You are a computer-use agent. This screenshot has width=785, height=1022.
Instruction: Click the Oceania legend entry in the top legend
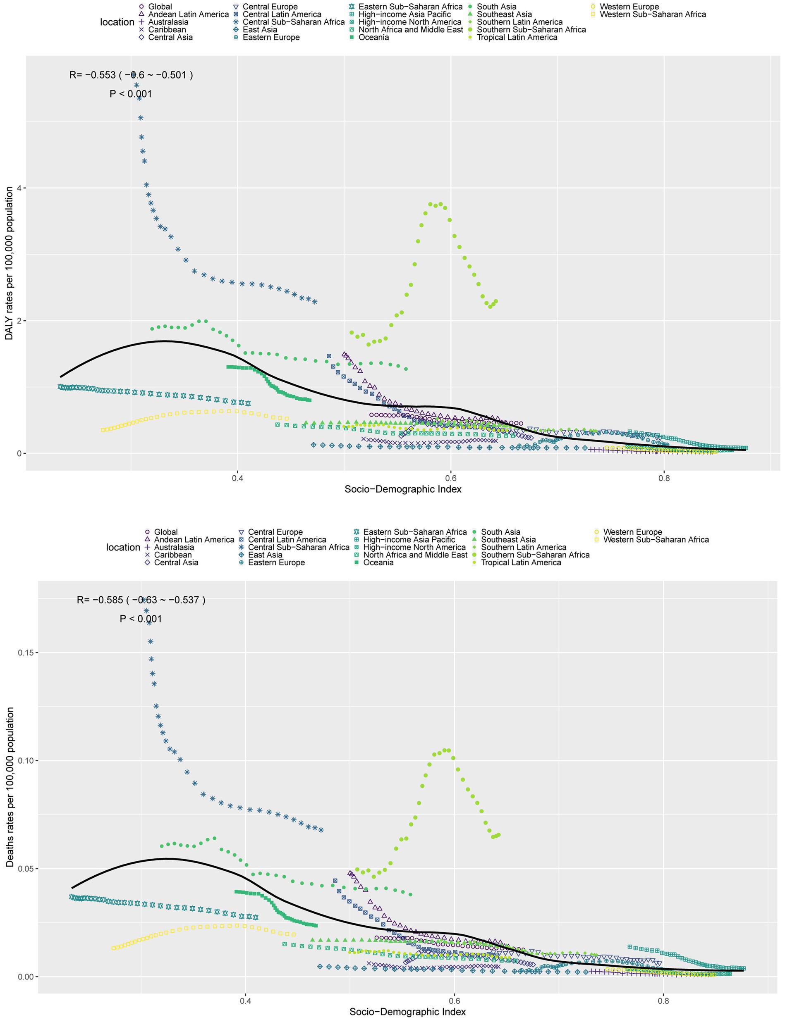(373, 37)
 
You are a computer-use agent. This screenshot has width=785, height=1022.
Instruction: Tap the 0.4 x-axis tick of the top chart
(237, 478)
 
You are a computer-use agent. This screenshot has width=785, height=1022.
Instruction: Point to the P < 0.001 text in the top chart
(130, 94)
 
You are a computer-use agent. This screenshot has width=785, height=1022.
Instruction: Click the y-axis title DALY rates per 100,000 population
(10, 263)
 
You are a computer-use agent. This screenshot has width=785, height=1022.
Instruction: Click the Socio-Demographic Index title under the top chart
(403, 489)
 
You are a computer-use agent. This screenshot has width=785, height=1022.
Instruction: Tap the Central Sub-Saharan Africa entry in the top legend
(293, 22)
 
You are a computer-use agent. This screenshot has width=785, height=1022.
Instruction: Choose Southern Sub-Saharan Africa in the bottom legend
(535, 555)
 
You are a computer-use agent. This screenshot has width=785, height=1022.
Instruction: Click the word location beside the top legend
(117, 22)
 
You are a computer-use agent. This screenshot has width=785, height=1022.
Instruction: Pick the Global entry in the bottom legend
(165, 532)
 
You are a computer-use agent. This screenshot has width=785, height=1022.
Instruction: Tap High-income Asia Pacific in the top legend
(404, 14)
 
